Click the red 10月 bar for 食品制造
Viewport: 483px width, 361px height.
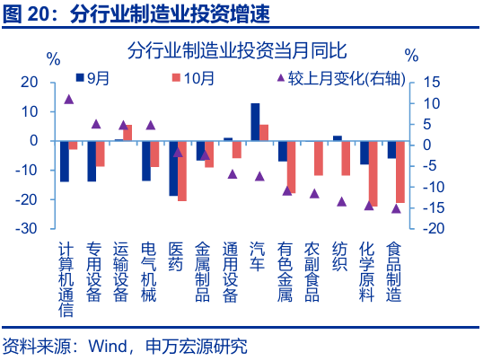(x=400, y=172)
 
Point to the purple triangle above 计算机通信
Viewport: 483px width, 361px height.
(x=69, y=99)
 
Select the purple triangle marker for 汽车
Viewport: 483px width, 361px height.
(x=259, y=176)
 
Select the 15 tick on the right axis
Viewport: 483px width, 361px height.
(x=432, y=82)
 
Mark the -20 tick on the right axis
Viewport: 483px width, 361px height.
(x=430, y=228)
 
